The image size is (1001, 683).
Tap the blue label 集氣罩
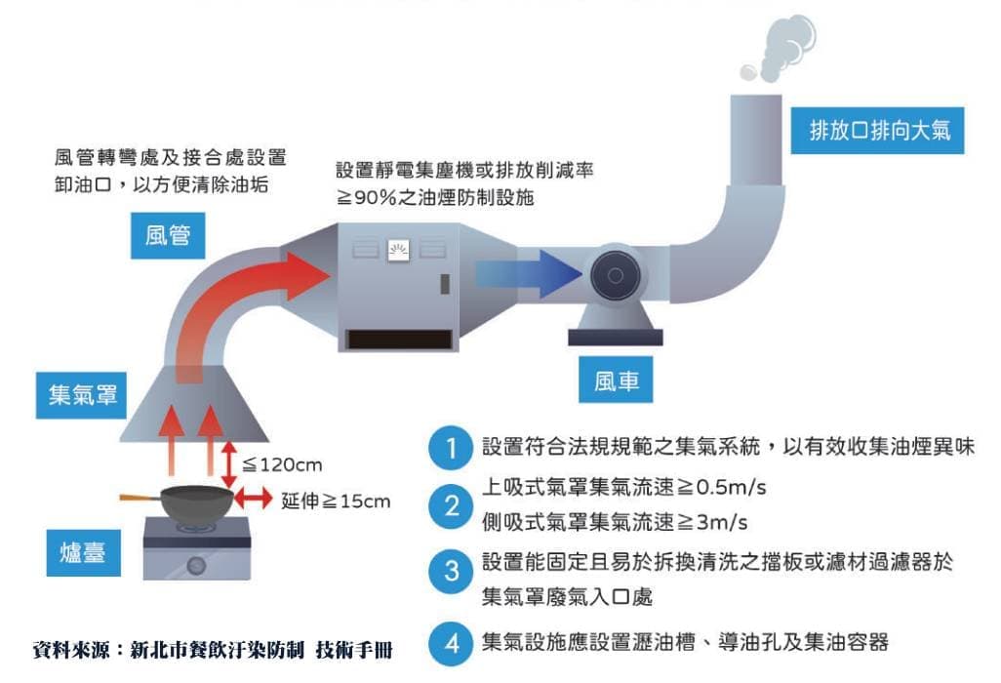[x=83, y=394]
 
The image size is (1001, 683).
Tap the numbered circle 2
[x=451, y=505]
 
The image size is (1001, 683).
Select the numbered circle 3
[x=451, y=571]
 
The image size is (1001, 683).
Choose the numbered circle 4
[x=451, y=643]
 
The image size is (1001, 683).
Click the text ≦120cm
[x=282, y=464]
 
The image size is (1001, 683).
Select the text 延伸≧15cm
[x=336, y=502]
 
